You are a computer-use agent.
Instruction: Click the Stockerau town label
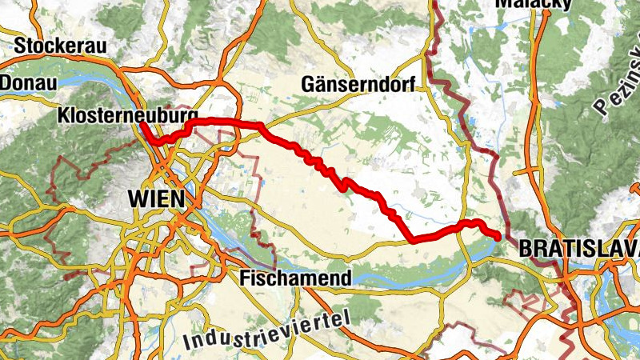[60, 46]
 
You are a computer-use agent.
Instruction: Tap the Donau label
[23, 82]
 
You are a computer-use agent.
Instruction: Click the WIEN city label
[156, 198]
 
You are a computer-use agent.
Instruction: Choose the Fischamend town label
[295, 278]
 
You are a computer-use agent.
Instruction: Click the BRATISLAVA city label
[578, 249]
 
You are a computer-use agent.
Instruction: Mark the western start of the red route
[142, 124]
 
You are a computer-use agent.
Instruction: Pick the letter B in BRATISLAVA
[526, 249]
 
